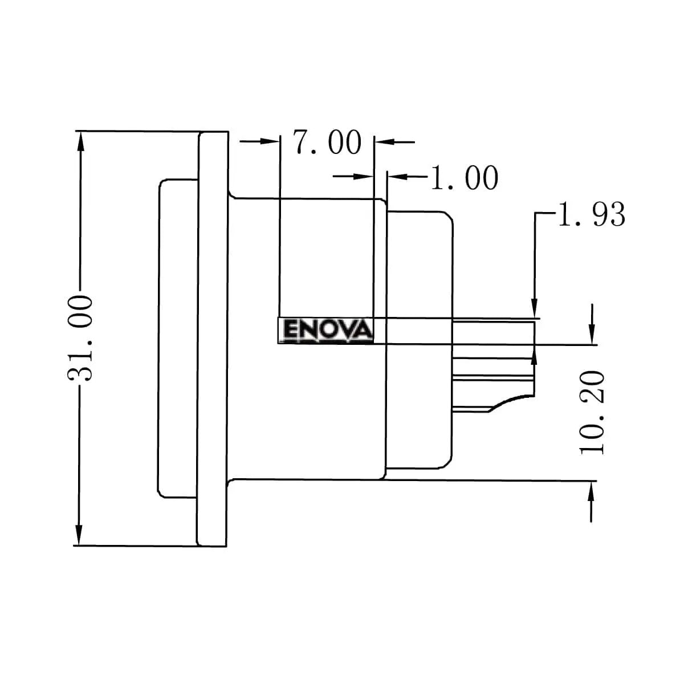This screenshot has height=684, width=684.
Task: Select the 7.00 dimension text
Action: pos(327,142)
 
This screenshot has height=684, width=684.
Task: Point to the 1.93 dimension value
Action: pos(591,214)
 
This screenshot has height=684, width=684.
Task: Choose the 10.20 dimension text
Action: pos(592,412)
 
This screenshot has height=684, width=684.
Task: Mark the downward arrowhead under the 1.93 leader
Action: pos(535,308)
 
